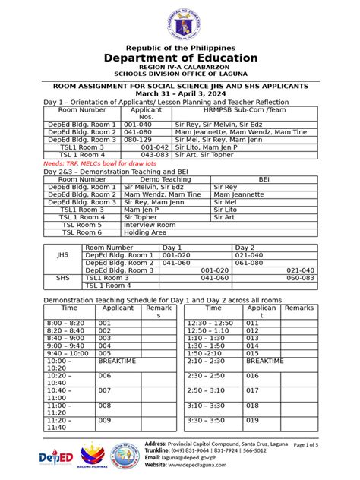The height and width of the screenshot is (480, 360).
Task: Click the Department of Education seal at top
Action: pos(180,22)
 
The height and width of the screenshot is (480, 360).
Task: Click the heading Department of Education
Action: pos(180,58)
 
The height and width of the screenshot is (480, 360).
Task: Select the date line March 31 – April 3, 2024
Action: pos(180,93)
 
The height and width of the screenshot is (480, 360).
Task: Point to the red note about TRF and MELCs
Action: pos(90,163)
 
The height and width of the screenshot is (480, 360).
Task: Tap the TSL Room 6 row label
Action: pos(81,232)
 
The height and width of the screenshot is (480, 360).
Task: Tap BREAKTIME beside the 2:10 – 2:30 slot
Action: pos(265,362)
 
